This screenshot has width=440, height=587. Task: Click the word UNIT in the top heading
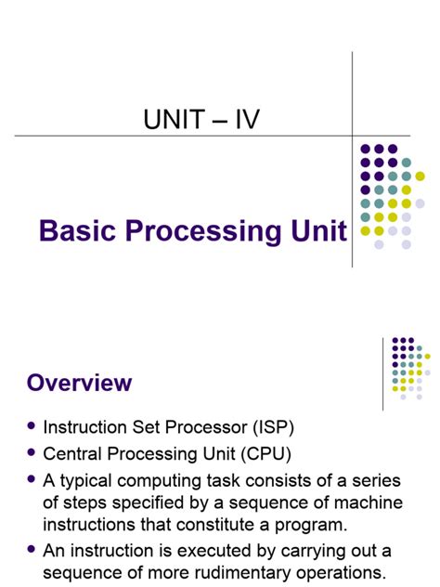tap(174, 119)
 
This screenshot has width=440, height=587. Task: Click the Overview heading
tap(79, 383)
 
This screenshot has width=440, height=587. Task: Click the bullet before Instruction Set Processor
tap(32, 426)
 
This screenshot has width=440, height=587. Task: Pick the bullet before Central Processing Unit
tap(32, 453)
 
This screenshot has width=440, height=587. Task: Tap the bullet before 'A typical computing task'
tap(32, 480)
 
